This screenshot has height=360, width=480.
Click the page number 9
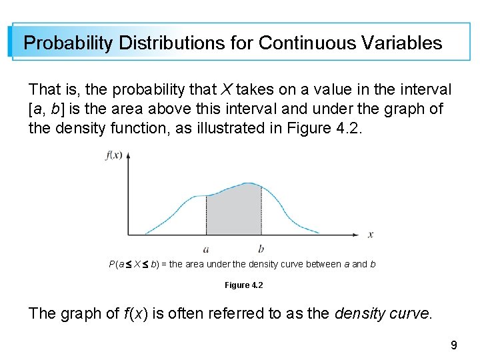pyautogui.click(x=454, y=345)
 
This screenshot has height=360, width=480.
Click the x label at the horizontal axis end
pyautogui.click(x=371, y=235)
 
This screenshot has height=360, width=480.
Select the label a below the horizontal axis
pyautogui.click(x=206, y=249)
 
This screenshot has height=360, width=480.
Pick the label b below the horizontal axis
pyautogui.click(x=261, y=249)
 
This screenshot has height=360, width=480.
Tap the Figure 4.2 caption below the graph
pyautogui.click(x=243, y=285)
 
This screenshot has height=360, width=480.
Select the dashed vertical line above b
pyautogui.click(x=260, y=210)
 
